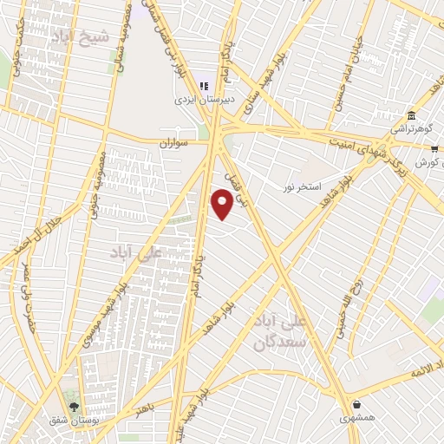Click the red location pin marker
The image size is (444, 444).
pyautogui.click(x=221, y=203)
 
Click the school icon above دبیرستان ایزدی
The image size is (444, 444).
pyautogui.click(x=204, y=85)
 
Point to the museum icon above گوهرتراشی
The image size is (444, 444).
pyautogui.click(x=410, y=115)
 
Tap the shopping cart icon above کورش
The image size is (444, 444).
pyautogui.click(x=434, y=149)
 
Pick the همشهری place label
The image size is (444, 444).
pyautogui.click(x=358, y=420)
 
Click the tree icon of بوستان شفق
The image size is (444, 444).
pyautogui.click(x=74, y=405)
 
